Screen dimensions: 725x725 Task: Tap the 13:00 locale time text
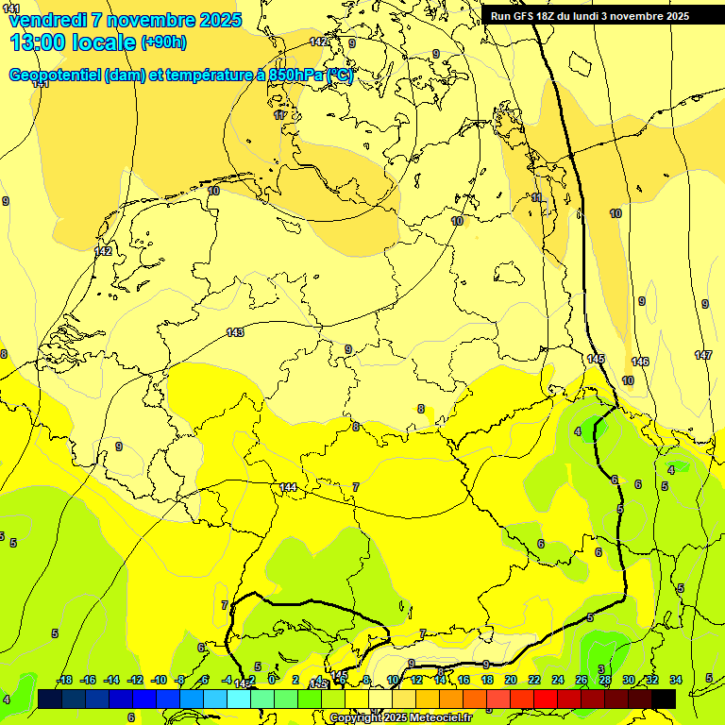point(72,42)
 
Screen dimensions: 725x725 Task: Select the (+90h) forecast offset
point(163,42)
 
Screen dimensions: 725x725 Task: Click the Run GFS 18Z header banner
point(589,16)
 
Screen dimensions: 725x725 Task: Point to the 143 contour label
point(235,332)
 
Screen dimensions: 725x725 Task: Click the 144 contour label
point(288,487)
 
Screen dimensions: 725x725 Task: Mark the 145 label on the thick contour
point(596,359)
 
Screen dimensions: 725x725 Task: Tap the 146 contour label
point(640,362)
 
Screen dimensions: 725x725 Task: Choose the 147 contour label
point(703,355)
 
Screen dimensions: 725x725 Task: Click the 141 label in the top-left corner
point(11,8)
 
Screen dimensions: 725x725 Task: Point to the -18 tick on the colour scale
point(64,680)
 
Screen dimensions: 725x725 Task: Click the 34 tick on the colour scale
point(676,680)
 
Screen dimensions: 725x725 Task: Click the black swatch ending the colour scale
point(664,699)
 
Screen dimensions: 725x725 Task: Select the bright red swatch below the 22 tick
point(546,699)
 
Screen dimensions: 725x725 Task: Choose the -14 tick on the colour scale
point(111,680)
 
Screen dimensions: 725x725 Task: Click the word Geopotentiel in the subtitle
point(55,76)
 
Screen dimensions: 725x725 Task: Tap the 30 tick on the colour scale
point(629,680)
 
